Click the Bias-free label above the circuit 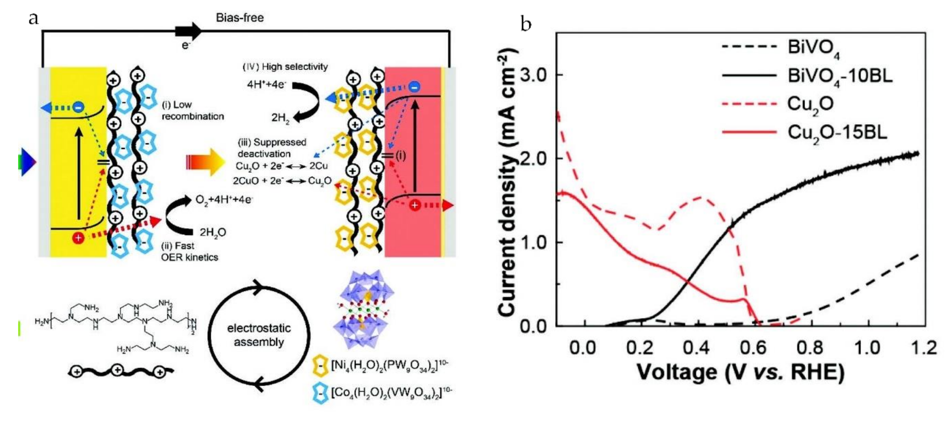pyautogui.click(x=240, y=18)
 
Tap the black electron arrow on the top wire pyautogui.click(x=188, y=32)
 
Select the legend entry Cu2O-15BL pyautogui.click(x=837, y=133)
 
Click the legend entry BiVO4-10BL pyautogui.click(x=840, y=76)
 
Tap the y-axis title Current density pyautogui.click(x=508, y=184)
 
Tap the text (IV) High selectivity pyautogui.click(x=285, y=67)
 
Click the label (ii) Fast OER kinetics pyautogui.click(x=189, y=251)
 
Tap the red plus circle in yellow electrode pyautogui.click(x=78, y=238)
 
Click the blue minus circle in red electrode pyautogui.click(x=414, y=87)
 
